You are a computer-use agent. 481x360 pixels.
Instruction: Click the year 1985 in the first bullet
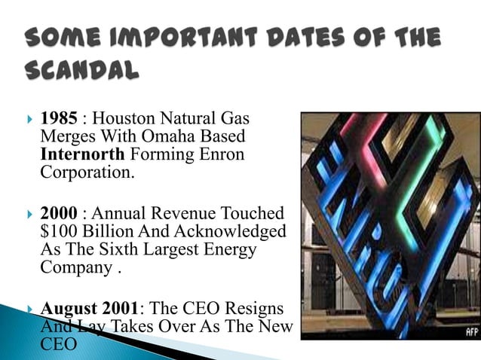click(58, 119)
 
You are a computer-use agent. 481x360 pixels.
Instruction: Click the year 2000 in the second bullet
click(59, 213)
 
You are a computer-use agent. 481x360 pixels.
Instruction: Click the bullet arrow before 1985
click(28, 119)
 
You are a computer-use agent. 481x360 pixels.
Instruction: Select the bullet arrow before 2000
click(28, 213)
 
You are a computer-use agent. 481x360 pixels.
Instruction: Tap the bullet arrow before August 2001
click(28, 308)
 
